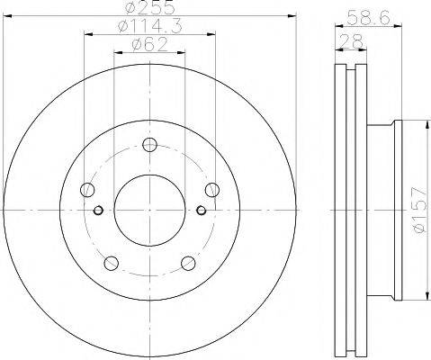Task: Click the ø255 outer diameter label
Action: (x=148, y=9)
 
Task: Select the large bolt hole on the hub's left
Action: (x=87, y=189)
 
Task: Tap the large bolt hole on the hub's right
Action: (x=211, y=189)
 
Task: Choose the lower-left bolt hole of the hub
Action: (x=111, y=262)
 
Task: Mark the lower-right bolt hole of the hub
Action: (x=188, y=262)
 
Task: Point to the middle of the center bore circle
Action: (x=149, y=210)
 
